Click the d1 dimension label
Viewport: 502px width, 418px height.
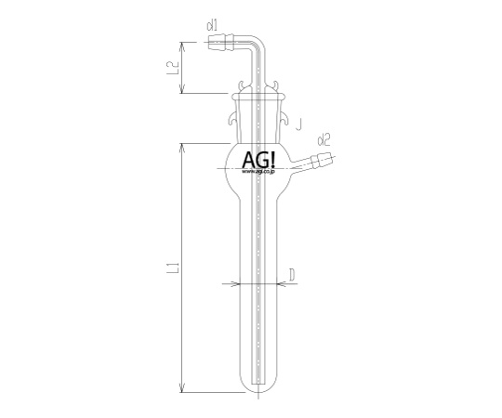[x=212, y=26]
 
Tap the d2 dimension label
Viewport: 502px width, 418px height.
[x=324, y=140]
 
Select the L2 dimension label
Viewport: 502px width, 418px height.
[x=173, y=68]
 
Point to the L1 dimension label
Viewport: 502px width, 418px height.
[x=173, y=268]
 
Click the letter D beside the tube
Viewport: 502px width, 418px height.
[x=292, y=275]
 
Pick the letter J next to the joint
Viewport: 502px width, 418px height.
[x=298, y=124]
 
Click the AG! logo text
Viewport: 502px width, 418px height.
[x=258, y=160]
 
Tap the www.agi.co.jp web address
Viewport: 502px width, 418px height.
[x=258, y=172]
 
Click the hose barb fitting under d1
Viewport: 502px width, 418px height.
[x=221, y=43]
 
